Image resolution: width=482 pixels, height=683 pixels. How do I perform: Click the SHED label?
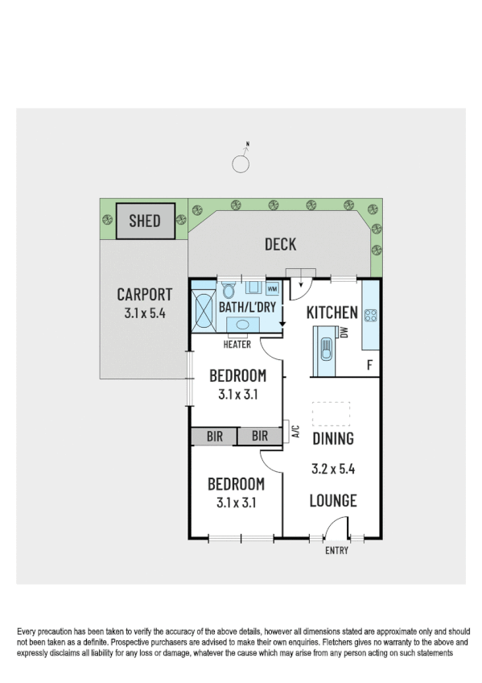tap(146, 220)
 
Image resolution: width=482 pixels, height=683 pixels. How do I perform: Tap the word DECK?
tap(280, 245)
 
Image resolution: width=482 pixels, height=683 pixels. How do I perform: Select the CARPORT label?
tap(145, 295)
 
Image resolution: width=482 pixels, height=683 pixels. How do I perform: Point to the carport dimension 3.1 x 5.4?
tap(145, 314)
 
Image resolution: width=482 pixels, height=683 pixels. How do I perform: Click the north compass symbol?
tap(241, 164)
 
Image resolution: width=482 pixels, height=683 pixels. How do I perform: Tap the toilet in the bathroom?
tap(228, 289)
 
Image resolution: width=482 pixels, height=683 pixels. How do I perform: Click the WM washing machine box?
tap(272, 288)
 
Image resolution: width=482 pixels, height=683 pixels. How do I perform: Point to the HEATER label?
tap(238, 345)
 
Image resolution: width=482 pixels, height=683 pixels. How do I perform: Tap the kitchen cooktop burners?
tap(371, 316)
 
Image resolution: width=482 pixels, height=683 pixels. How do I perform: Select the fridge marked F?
tap(369, 365)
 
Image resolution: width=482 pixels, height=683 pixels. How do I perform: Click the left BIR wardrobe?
tap(214, 437)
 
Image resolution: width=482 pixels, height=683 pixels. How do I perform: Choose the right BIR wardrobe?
tap(260, 437)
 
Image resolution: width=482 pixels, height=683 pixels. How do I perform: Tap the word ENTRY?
tap(336, 551)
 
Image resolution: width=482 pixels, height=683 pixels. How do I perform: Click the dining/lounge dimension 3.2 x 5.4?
tap(333, 468)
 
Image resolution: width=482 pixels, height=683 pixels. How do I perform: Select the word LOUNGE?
tap(333, 501)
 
